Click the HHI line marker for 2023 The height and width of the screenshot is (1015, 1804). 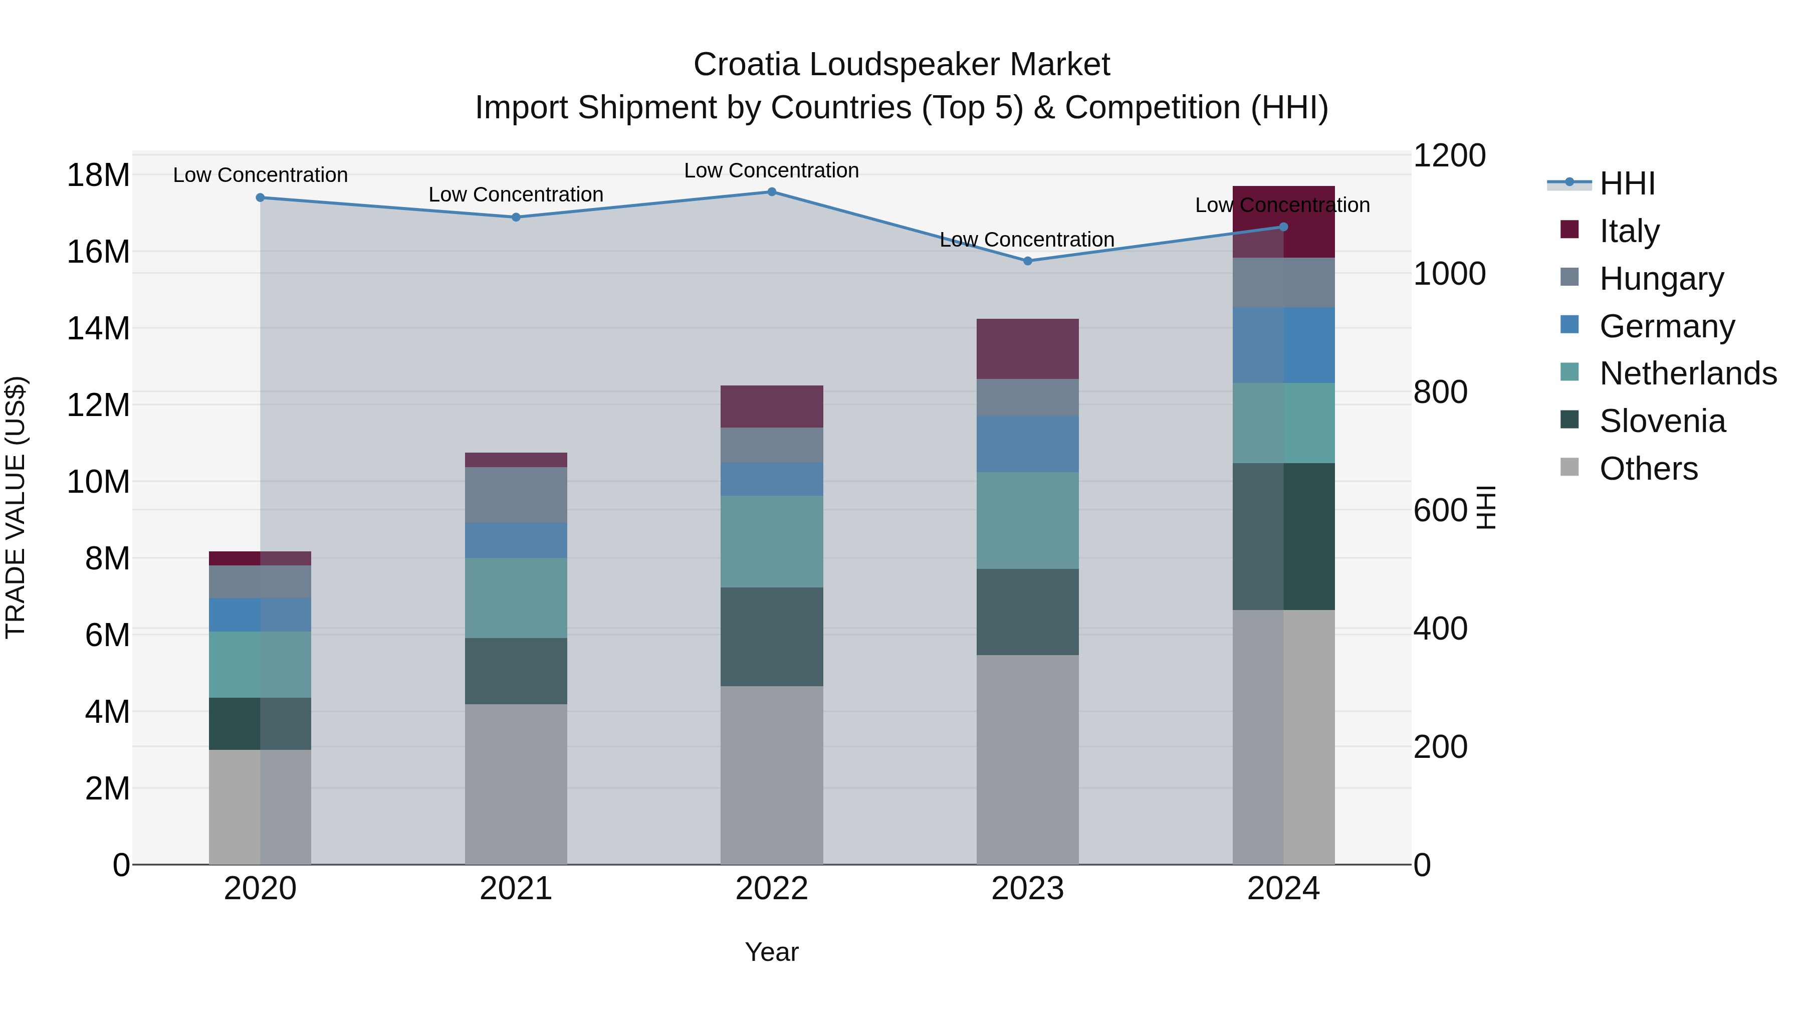click(1027, 261)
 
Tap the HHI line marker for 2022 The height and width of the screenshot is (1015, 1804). click(772, 191)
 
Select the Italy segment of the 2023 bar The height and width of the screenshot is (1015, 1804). click(1027, 349)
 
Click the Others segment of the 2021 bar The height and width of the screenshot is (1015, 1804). click(516, 784)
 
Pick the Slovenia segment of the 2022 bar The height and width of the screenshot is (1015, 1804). click(772, 636)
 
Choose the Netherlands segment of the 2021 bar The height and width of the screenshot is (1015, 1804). click(516, 597)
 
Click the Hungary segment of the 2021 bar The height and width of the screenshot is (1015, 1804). click(516, 495)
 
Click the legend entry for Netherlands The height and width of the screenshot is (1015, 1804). click(1688, 373)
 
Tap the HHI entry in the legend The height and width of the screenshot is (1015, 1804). click(1627, 183)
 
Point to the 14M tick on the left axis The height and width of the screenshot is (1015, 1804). click(98, 328)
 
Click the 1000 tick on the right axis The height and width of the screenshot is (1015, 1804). click(1449, 273)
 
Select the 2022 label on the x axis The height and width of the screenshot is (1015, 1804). click(772, 889)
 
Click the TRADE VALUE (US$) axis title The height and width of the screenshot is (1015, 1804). click(16, 507)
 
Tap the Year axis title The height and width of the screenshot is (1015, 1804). click(772, 952)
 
